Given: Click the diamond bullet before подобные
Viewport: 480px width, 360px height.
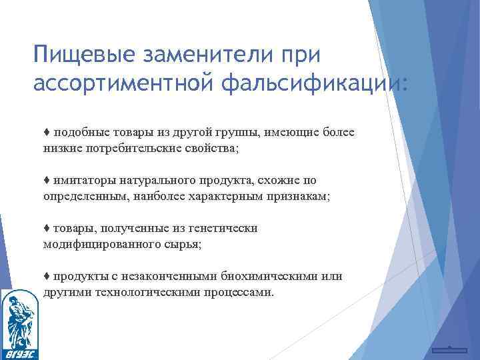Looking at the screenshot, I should coord(46,133).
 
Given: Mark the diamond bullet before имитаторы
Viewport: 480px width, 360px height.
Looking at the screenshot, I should coord(46,181).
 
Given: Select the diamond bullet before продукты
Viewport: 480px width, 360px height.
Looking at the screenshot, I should coord(46,277).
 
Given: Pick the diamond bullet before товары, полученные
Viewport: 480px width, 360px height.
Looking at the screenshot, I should coord(46,229).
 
